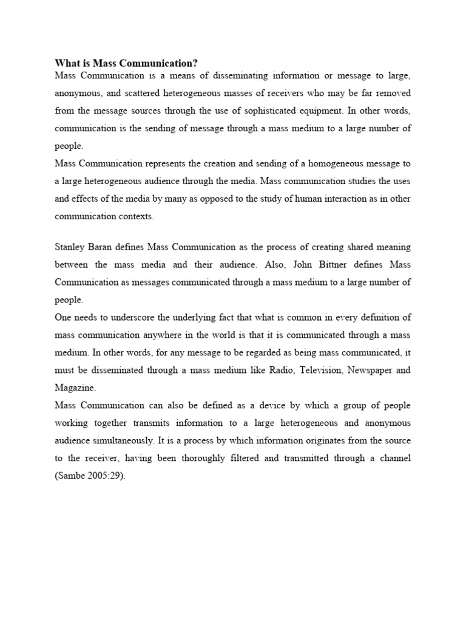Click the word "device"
pyautogui.click(x=243, y=405)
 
